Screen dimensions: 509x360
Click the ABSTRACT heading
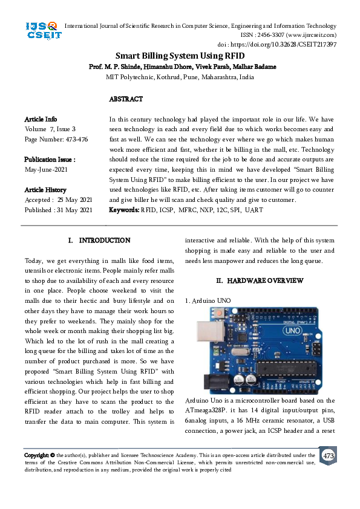coord(126,99)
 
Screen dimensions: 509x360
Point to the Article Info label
coord(41,119)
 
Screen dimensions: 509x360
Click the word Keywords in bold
coord(123,210)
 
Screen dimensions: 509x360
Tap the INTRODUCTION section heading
coord(105,241)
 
